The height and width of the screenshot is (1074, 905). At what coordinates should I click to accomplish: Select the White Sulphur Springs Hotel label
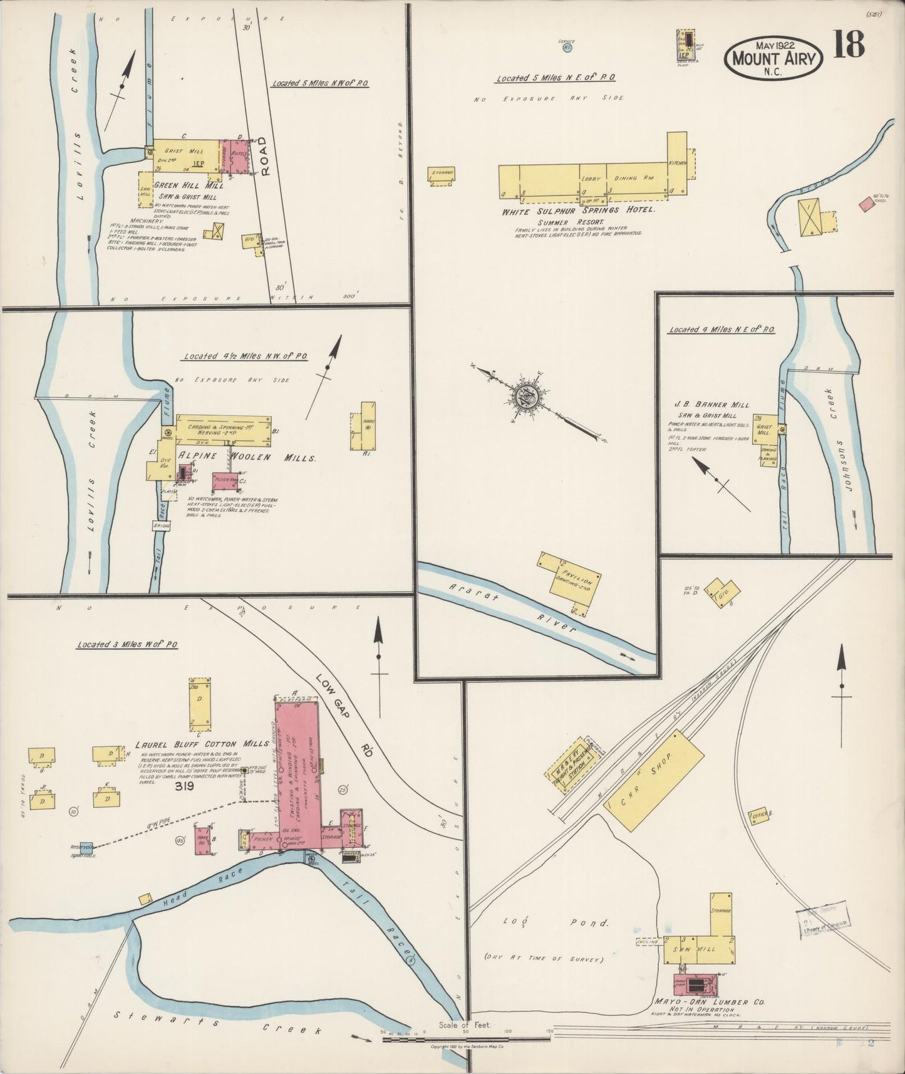click(578, 211)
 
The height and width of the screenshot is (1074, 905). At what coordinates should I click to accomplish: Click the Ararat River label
click(514, 606)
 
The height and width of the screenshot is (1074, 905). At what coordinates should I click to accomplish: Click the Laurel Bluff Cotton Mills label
click(201, 745)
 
